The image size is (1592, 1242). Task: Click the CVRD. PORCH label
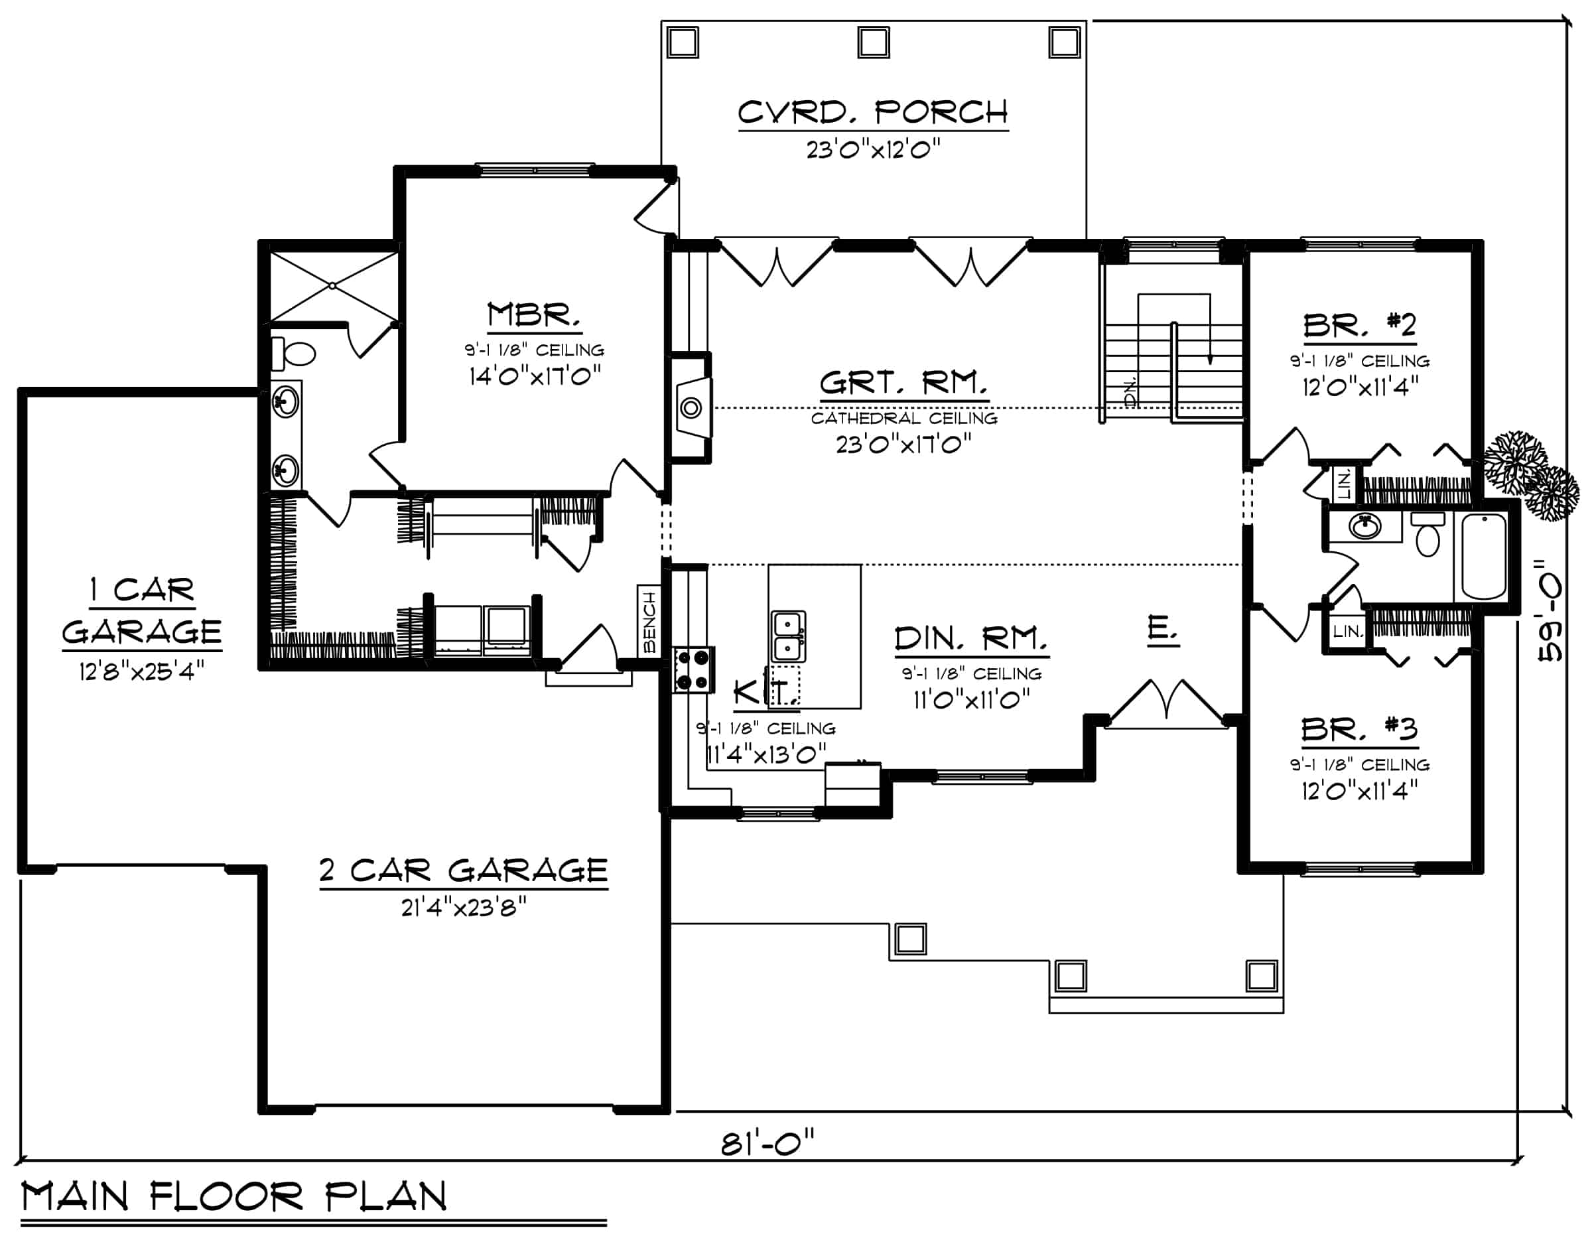[872, 113]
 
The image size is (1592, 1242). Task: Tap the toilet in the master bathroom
[293, 354]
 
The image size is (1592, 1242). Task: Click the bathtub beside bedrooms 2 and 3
[1484, 557]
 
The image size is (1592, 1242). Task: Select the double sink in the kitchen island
[788, 636]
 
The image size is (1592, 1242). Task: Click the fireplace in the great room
[691, 407]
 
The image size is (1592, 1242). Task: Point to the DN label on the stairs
[1130, 394]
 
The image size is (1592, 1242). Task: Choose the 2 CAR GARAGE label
[464, 870]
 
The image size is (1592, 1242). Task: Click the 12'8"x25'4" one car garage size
[141, 670]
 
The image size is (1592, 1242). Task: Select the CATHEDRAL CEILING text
[904, 419]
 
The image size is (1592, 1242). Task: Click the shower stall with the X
[333, 285]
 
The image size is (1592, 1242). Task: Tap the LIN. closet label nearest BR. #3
[1348, 631]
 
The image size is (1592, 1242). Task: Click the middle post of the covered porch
[873, 42]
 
